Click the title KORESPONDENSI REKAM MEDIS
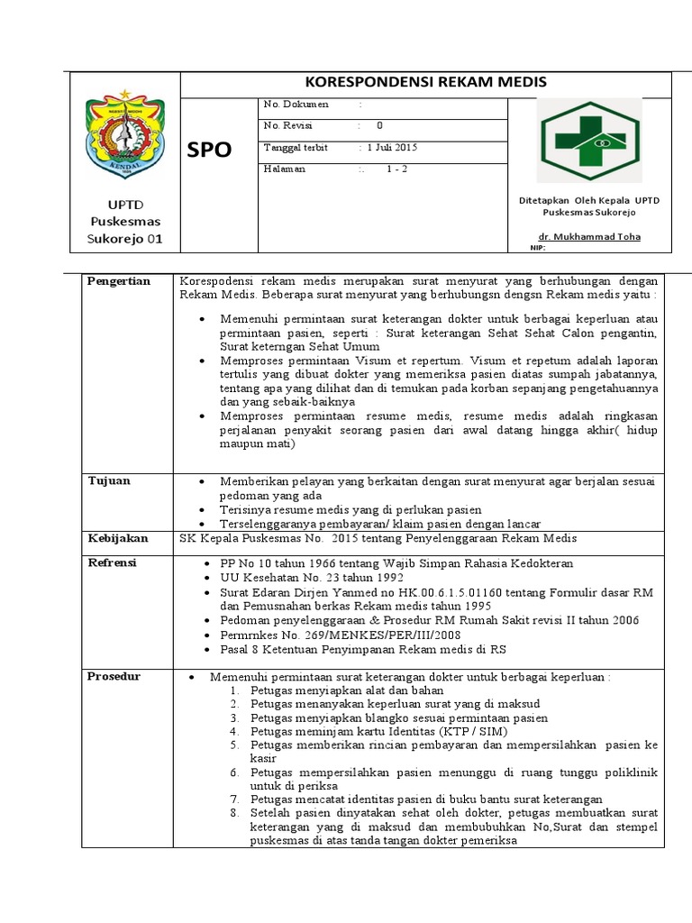click(x=426, y=83)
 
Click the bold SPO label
click(x=209, y=151)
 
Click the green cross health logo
click(x=589, y=141)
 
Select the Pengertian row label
click(x=119, y=281)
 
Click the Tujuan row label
click(x=109, y=481)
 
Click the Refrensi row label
click(x=112, y=562)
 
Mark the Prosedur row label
click(x=114, y=676)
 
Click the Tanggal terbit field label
click(x=296, y=147)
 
